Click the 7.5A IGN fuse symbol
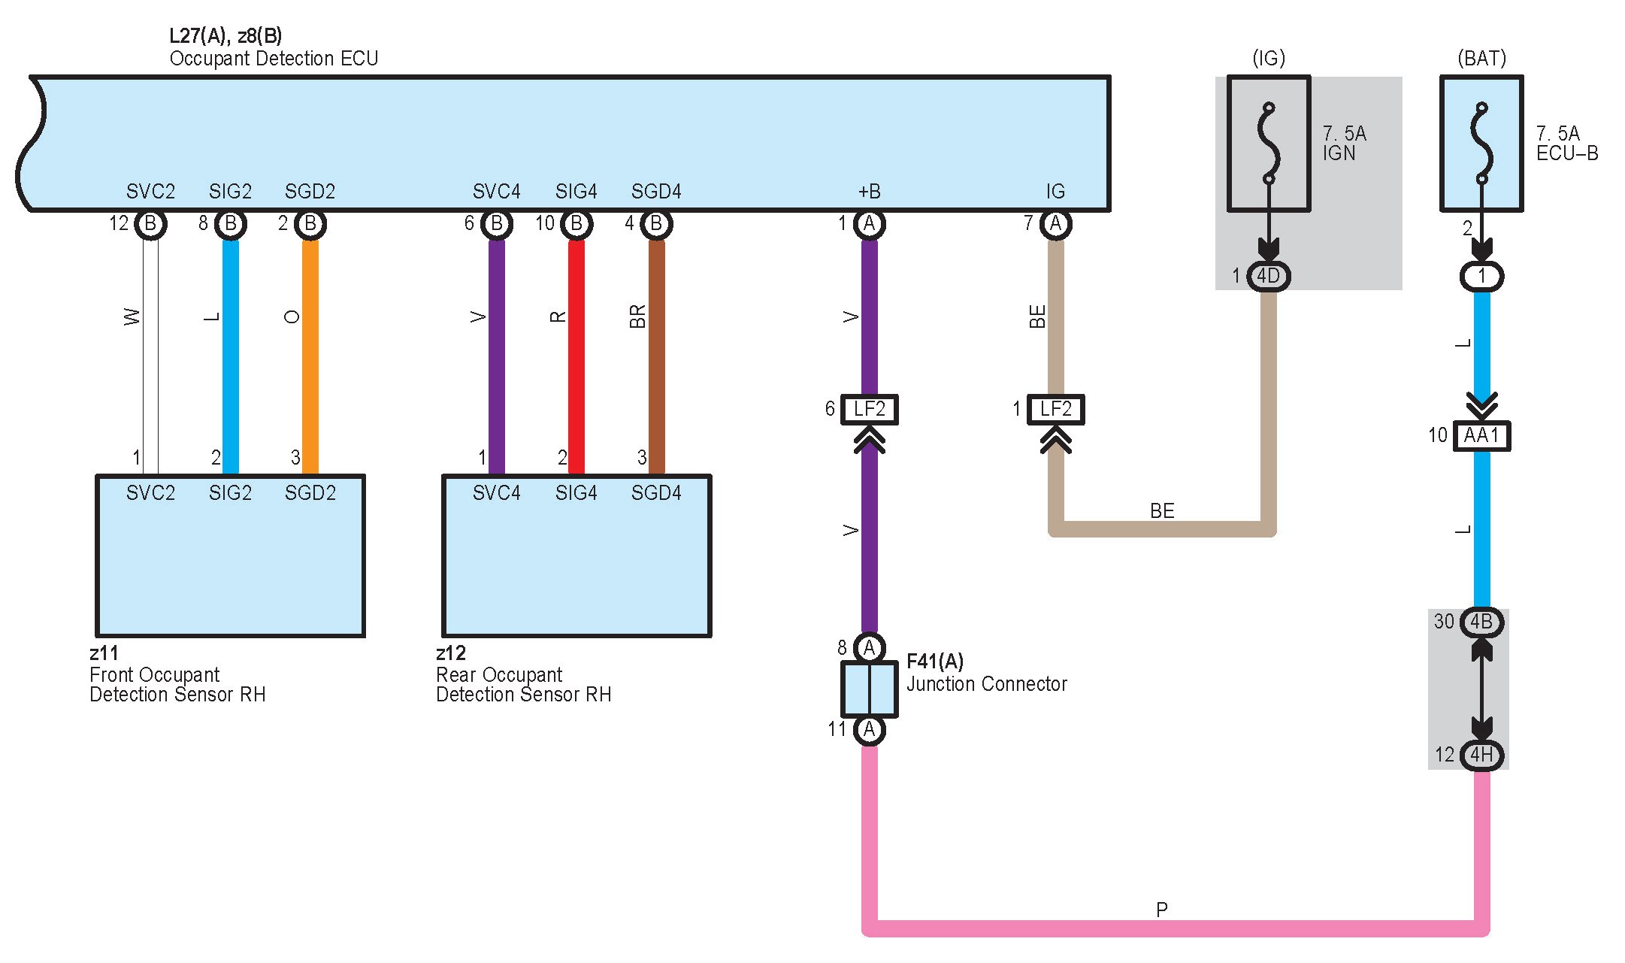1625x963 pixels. point(1269,144)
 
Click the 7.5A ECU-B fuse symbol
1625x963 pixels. point(1481,144)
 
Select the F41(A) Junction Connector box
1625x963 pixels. point(869,689)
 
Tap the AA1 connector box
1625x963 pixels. point(1481,435)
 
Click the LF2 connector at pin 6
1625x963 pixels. point(869,410)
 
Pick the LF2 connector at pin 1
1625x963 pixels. point(1055,410)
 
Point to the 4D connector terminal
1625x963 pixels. point(1269,276)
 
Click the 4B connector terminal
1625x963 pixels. point(1481,622)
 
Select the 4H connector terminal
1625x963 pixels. point(1481,755)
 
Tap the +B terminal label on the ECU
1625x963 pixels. point(870,192)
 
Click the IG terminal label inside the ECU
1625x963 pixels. point(1055,192)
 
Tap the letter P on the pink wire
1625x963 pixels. point(1162,910)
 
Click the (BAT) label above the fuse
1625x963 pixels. point(1481,59)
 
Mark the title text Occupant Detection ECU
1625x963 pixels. point(274,59)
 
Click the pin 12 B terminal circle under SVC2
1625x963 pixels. point(150,224)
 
